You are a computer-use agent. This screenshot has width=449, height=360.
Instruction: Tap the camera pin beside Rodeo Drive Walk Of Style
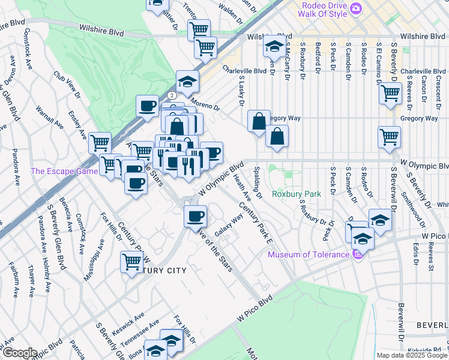click(356, 8)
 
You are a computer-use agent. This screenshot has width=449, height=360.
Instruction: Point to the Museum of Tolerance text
click(308, 254)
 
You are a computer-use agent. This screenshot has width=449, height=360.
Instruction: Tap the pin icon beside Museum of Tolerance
click(358, 255)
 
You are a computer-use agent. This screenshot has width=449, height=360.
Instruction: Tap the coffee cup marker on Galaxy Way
click(194, 216)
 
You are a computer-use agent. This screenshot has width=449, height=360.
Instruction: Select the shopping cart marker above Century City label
click(132, 262)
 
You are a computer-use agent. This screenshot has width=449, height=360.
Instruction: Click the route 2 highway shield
click(172, 95)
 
